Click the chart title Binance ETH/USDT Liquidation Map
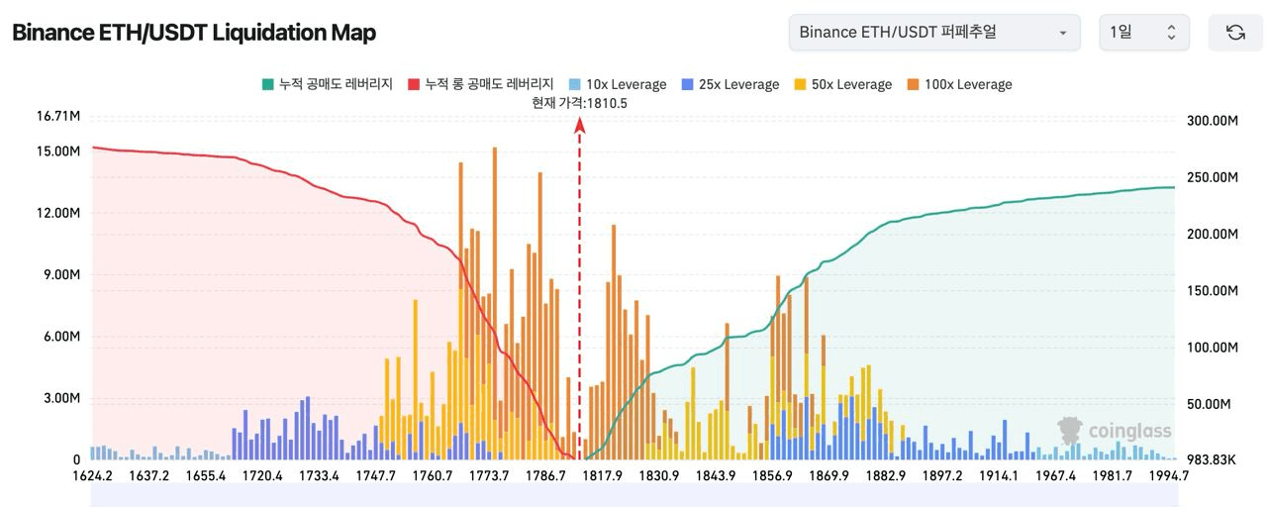pos(194,33)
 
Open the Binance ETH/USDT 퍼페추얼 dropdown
pos(934,33)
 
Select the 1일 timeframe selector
pos(1143,33)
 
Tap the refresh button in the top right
pos(1235,33)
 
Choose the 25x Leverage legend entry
pos(731,84)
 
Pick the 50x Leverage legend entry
pos(843,84)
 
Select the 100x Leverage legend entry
pos(959,84)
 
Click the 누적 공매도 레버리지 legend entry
pos(328,84)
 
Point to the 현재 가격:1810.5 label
pos(579,103)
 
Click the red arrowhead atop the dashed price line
pos(580,124)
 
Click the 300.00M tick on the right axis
pos(1212,121)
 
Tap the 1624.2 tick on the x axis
pos(92,476)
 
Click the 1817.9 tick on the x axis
pos(602,476)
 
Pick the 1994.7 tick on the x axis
pos(1169,476)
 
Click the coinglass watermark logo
pos(1115,431)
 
